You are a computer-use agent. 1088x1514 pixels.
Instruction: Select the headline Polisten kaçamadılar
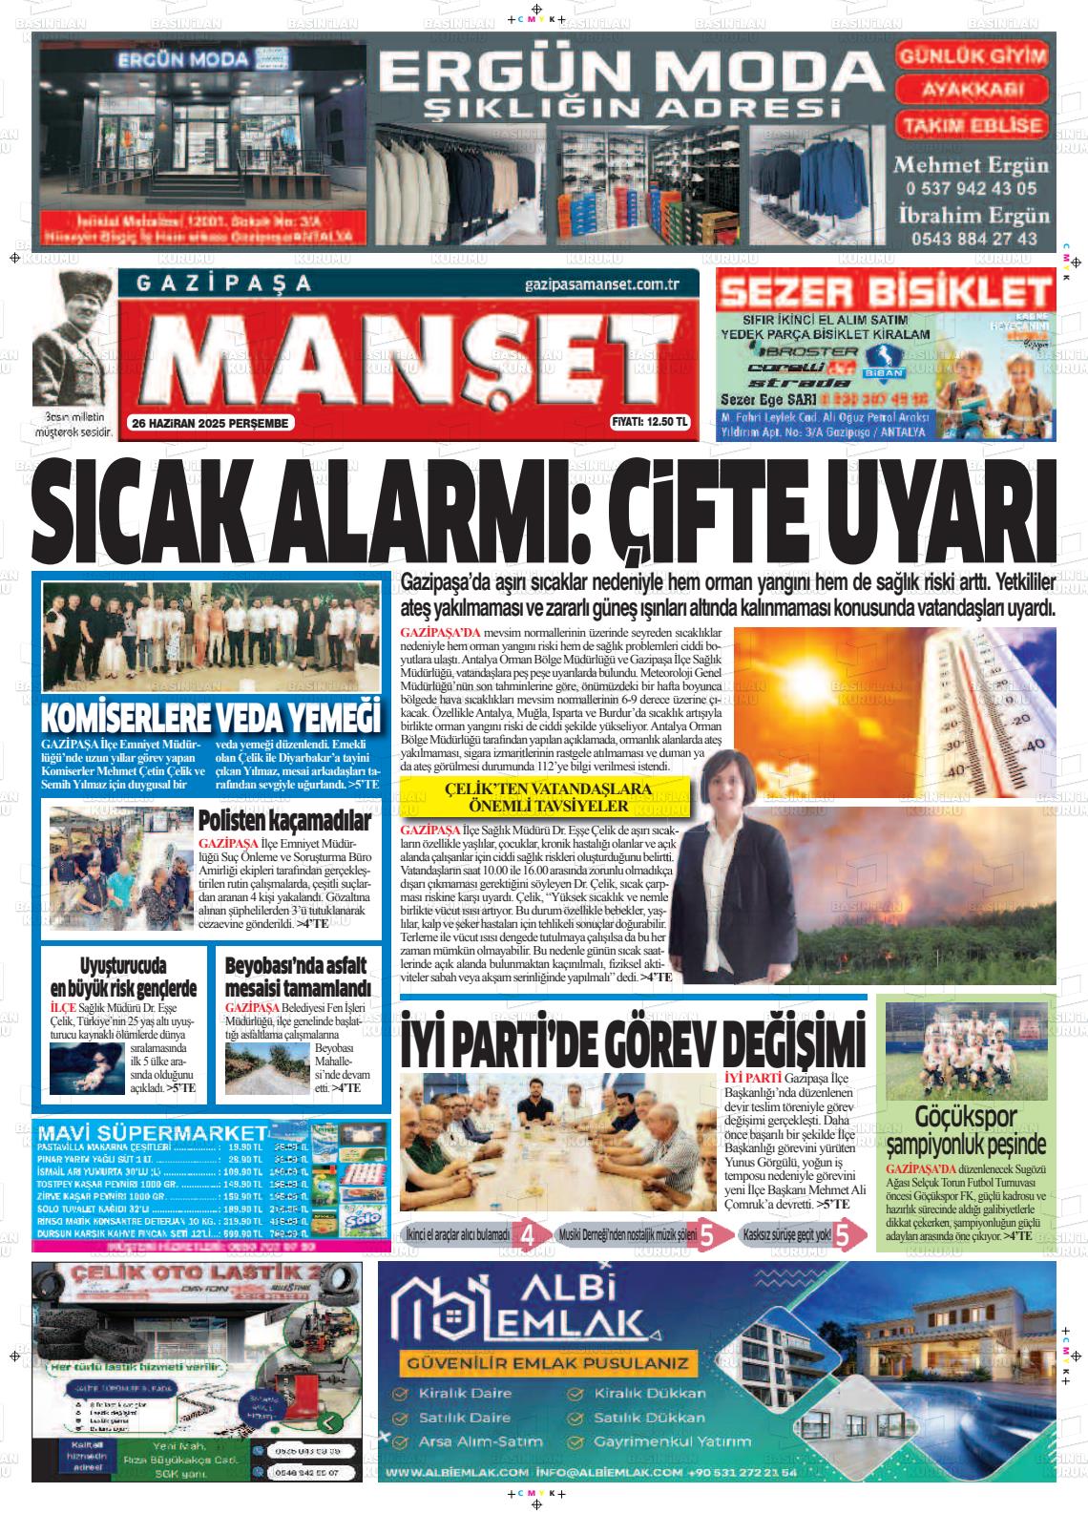(x=283, y=821)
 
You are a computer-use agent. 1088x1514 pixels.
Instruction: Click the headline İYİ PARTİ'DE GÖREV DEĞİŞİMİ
(x=633, y=1041)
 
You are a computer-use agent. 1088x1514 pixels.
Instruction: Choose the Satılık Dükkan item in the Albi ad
(x=648, y=1418)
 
